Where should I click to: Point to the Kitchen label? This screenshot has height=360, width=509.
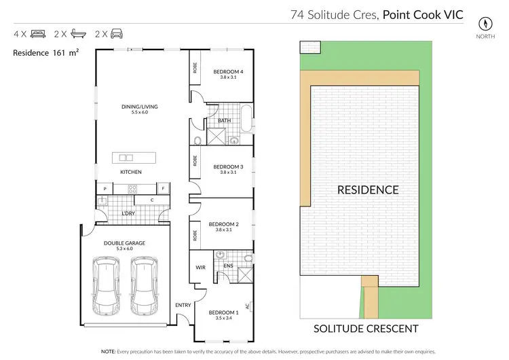pos(131,172)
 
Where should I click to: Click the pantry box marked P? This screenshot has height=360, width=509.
pos(105,187)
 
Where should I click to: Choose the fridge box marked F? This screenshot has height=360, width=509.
pos(163,187)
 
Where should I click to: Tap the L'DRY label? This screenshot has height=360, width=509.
pos(128,214)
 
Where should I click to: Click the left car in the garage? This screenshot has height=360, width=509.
pos(108,282)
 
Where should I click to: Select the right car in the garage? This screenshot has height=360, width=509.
pos(145,282)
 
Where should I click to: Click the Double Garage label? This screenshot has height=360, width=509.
pos(125,243)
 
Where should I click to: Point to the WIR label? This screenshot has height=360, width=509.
pos(200,268)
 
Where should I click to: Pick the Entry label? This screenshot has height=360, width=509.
pos(183,305)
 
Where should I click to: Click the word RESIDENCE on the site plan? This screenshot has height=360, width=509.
pos(368,190)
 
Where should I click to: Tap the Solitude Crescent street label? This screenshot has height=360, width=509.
pos(365,329)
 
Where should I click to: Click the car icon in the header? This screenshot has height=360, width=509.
pos(117,33)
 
